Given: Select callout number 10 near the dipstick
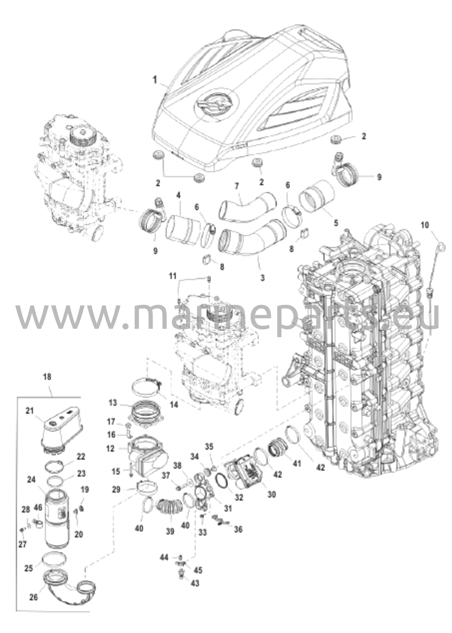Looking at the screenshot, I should tap(425, 225).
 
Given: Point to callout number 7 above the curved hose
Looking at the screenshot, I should tap(237, 186).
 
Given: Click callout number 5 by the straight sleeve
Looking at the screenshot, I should tap(336, 223).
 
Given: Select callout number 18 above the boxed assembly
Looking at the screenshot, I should tap(48, 377).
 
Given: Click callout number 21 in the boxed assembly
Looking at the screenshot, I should tap(29, 410).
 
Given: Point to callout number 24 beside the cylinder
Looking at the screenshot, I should tap(32, 480).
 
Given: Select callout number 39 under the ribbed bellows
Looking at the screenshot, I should tap(170, 531).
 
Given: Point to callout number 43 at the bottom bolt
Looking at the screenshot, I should tap(195, 583).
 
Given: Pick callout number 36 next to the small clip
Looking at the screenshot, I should tap(238, 529).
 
